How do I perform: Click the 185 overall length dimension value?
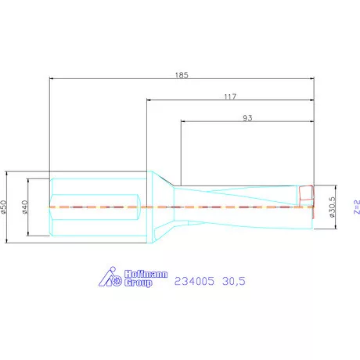coord(183,75)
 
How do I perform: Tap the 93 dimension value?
coord(247,118)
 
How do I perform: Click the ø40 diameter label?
coord(26,207)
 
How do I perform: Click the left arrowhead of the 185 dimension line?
coord(52,78)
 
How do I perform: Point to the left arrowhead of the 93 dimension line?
coord(184,121)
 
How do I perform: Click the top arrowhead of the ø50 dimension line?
coord(8,173)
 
